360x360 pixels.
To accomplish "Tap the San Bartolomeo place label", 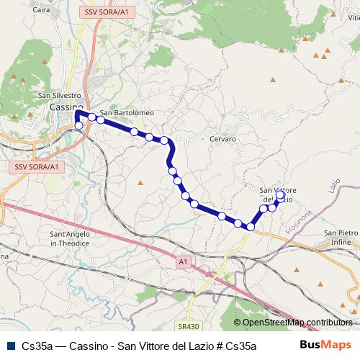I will (x=127, y=113).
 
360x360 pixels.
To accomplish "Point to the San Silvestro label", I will (x=60, y=95).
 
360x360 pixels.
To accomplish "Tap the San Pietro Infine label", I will (x=340, y=238).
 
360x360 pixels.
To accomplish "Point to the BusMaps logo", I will (x=325, y=345).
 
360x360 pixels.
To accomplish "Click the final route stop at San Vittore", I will (x=281, y=195).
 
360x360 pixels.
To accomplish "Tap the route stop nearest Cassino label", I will (x=78, y=125).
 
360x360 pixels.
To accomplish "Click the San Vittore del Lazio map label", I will (x=276, y=194).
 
